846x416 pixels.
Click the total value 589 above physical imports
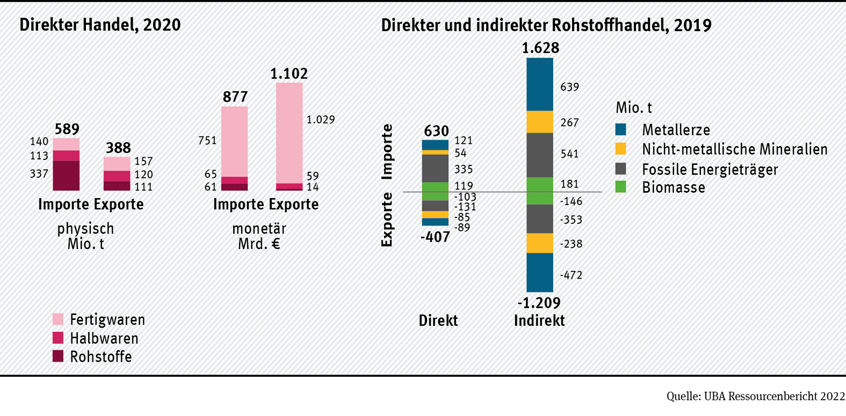click(x=67, y=129)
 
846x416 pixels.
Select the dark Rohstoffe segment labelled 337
click(x=66, y=176)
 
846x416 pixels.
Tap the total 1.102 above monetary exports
click(x=289, y=74)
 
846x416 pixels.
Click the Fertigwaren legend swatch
click(x=58, y=319)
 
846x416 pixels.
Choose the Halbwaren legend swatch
click(x=58, y=338)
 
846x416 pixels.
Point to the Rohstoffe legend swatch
click(x=58, y=356)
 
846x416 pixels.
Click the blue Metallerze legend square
click(x=621, y=129)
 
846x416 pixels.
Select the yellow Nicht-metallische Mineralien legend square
click(x=621, y=149)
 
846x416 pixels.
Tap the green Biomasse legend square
click(x=621, y=187)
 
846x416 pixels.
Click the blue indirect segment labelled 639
click(x=540, y=84)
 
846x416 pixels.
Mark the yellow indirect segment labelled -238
click(x=540, y=243)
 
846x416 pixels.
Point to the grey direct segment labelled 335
click(x=435, y=169)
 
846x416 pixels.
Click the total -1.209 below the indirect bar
click(x=539, y=303)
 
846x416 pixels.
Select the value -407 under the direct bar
click(x=435, y=237)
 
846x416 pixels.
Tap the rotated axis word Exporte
click(x=387, y=220)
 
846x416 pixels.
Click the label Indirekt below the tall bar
click(x=539, y=320)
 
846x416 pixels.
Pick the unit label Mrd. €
click(x=259, y=244)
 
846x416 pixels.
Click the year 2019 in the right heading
click(x=692, y=25)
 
